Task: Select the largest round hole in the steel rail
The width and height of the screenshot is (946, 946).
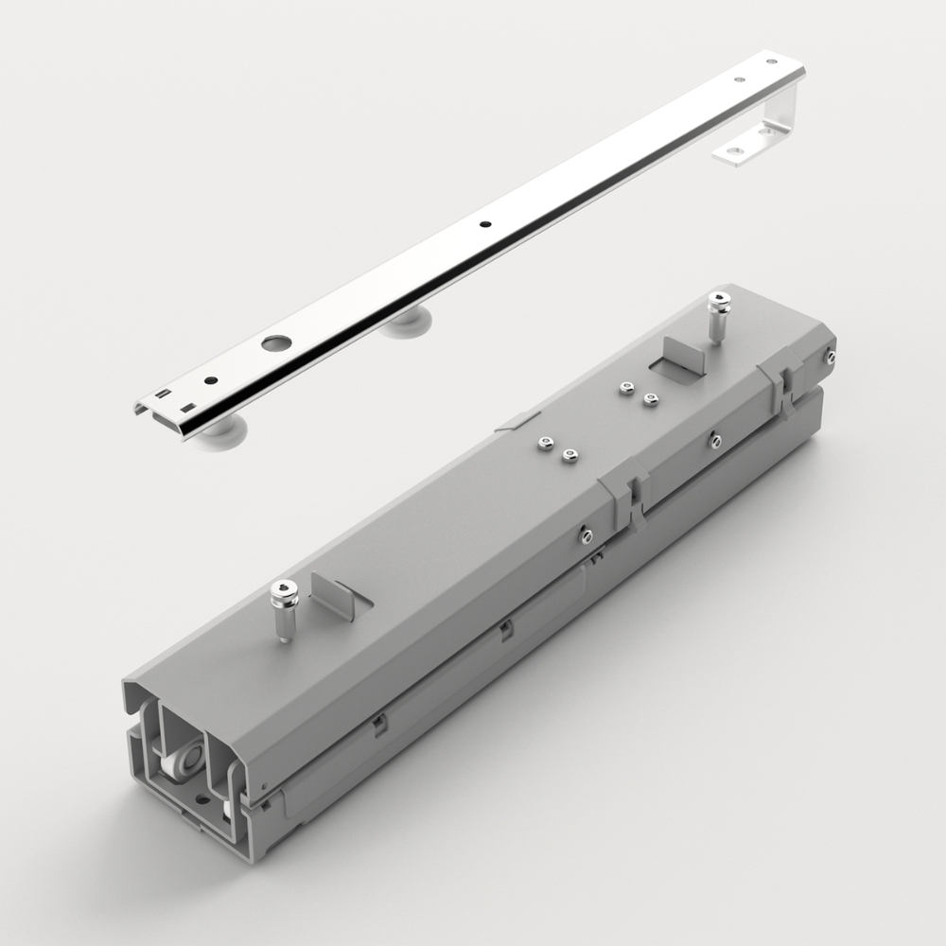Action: pyautogui.click(x=274, y=342)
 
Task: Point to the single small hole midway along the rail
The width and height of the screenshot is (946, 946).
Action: pyautogui.click(x=485, y=225)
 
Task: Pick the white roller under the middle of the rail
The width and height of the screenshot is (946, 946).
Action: pyautogui.click(x=407, y=322)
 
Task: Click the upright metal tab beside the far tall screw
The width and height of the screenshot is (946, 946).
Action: pyautogui.click(x=679, y=355)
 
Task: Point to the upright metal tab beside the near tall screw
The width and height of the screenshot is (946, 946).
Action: pyautogui.click(x=330, y=594)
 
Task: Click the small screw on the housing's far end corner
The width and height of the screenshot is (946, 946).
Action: pyautogui.click(x=830, y=357)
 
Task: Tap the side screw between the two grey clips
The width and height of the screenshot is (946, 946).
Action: pyautogui.click(x=715, y=440)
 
